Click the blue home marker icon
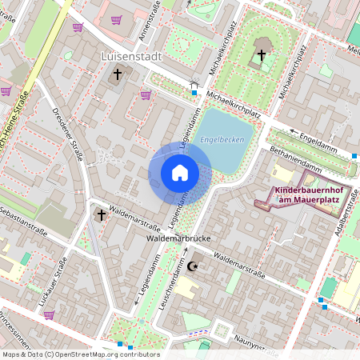(180, 172)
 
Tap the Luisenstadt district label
(132, 57)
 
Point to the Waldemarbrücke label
(177, 238)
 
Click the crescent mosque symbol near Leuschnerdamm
(192, 266)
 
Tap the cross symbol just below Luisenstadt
(117, 74)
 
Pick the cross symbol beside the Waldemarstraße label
(101, 214)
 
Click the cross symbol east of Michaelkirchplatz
(261, 55)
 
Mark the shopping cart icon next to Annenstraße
(118, 20)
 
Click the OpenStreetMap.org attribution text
(104, 354)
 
